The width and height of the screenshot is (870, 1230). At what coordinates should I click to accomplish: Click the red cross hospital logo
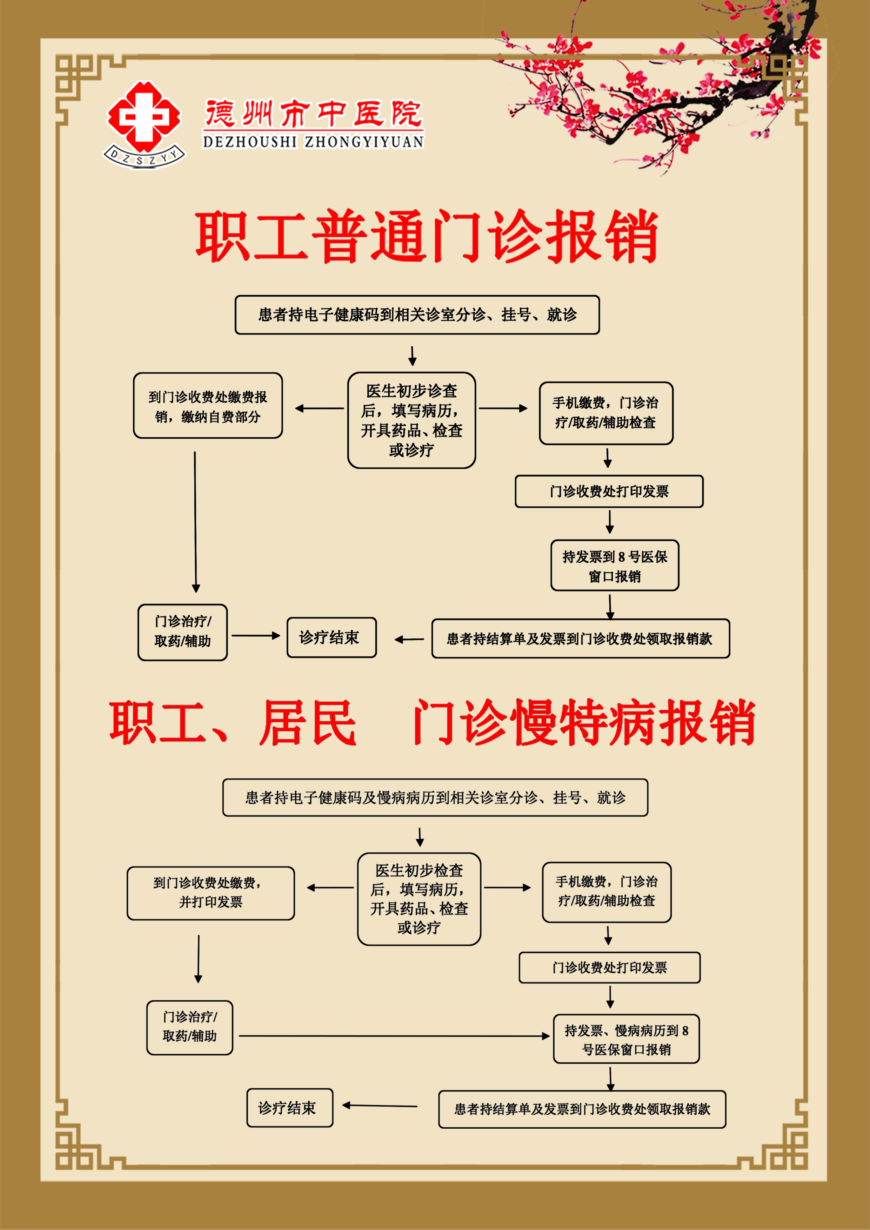pos(144,117)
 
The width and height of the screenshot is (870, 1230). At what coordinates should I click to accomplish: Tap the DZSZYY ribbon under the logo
pos(144,157)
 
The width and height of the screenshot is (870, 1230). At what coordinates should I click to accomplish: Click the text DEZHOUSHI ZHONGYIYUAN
pos(313,142)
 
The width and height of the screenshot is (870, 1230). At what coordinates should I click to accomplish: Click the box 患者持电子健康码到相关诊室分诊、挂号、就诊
pos(417,315)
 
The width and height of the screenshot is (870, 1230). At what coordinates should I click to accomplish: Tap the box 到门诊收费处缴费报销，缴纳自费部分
pos(208,406)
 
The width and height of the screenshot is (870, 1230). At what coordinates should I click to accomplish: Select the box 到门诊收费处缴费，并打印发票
pos(211,893)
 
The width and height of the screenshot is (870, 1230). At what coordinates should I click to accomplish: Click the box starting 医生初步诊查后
pos(412,420)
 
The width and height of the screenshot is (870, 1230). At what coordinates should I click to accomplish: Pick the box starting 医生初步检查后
pos(419,899)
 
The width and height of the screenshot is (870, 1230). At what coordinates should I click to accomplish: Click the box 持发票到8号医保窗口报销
pos(615,566)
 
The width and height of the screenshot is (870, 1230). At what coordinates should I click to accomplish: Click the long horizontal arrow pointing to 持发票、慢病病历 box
pos(395,1036)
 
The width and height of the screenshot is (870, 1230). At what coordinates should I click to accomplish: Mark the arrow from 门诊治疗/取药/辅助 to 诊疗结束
pos(256,636)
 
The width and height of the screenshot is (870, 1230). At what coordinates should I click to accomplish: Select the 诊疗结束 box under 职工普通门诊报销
pos(332,637)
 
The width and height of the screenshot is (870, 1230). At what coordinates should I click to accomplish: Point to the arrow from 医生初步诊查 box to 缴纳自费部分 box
pos(320,408)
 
